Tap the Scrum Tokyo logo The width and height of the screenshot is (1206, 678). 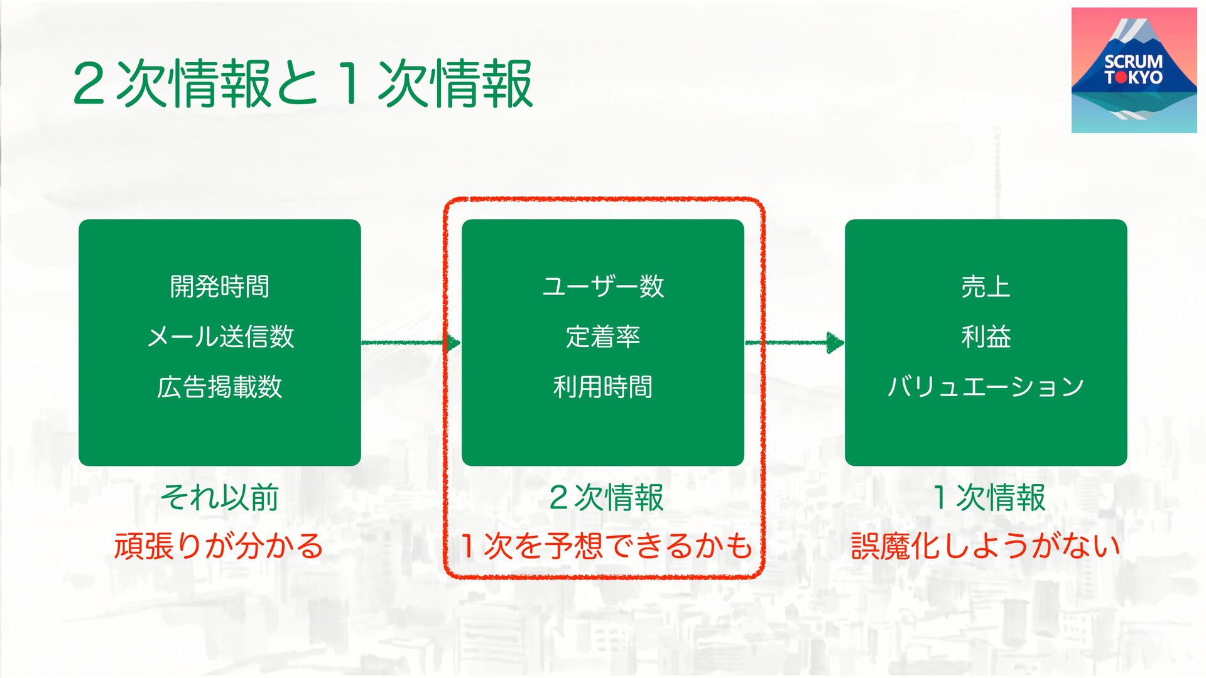pyautogui.click(x=1134, y=70)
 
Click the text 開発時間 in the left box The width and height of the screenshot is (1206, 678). pyautogui.click(x=220, y=287)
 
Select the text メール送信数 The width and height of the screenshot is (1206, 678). pyautogui.click(x=220, y=337)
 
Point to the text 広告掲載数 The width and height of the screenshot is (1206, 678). pyautogui.click(x=220, y=387)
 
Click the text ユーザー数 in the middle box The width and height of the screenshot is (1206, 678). pyautogui.click(x=603, y=287)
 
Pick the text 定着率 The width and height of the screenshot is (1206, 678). pyautogui.click(x=603, y=337)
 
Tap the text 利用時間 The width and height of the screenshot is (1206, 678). pyautogui.click(x=603, y=387)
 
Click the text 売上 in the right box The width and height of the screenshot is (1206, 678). pyautogui.click(x=986, y=287)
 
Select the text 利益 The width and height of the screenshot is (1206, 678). pyautogui.click(x=986, y=337)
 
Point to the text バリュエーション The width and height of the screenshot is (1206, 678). pyautogui.click(x=986, y=387)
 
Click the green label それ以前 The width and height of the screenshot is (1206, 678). pyautogui.click(x=220, y=497)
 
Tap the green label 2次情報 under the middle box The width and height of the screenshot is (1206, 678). pyautogui.click(x=606, y=497)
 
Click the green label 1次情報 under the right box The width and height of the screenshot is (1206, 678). pyautogui.click(x=989, y=497)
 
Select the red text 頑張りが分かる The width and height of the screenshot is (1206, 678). pyautogui.click(x=219, y=546)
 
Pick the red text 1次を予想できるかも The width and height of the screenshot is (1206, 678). pyautogui.click(x=606, y=546)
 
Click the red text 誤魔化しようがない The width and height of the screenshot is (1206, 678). pyautogui.click(x=986, y=546)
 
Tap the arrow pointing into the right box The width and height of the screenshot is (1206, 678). pyautogui.click(x=795, y=343)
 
